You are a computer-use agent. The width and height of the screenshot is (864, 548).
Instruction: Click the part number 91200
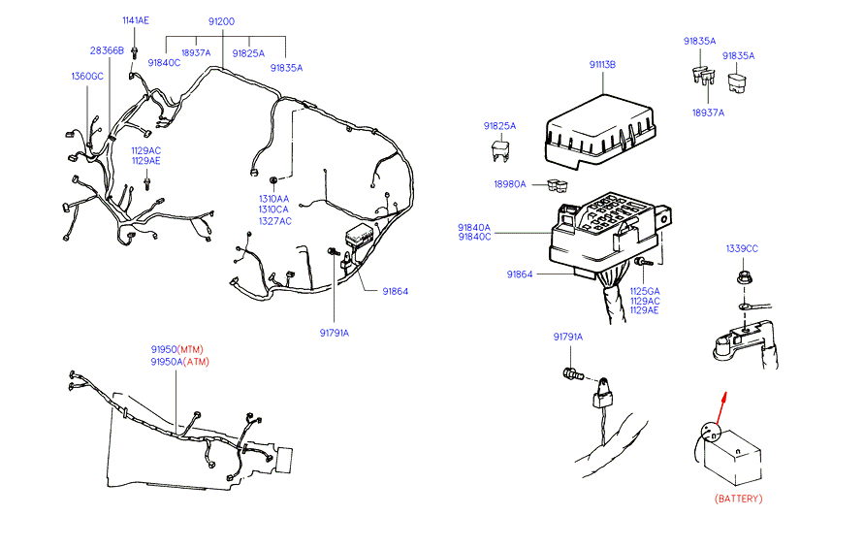tap(221, 21)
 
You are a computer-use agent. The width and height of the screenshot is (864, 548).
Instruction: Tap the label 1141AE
tap(136, 21)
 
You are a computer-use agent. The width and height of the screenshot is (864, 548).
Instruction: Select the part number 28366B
tap(107, 50)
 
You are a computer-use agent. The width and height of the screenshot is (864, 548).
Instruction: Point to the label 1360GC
tap(87, 76)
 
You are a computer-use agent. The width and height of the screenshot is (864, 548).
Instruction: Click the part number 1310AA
tap(273, 197)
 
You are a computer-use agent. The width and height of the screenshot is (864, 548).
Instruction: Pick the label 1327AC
tap(274, 221)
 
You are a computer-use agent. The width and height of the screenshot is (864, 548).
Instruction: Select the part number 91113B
tap(602, 65)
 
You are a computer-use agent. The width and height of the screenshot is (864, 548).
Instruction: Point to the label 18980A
tap(510, 184)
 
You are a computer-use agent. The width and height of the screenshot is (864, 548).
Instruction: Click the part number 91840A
tap(474, 228)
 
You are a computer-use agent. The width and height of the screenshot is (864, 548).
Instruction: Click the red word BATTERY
tap(738, 499)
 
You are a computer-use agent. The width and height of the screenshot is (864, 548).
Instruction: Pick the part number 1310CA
tap(274, 210)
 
